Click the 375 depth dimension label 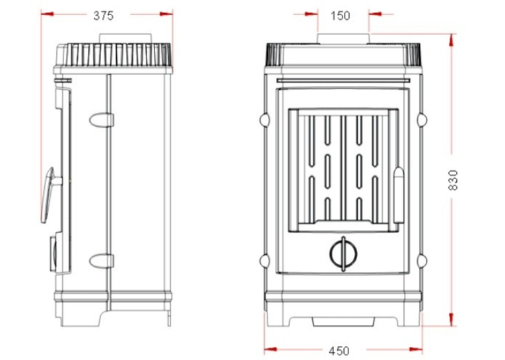(x=104, y=15)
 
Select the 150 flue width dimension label (x=341, y=15)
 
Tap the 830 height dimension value (x=453, y=180)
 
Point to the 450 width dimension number (x=339, y=350)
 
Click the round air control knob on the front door (x=343, y=254)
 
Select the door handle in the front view (x=399, y=195)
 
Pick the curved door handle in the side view (x=48, y=195)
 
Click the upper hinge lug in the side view (x=102, y=120)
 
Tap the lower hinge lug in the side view (x=102, y=261)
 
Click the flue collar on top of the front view (x=343, y=39)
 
